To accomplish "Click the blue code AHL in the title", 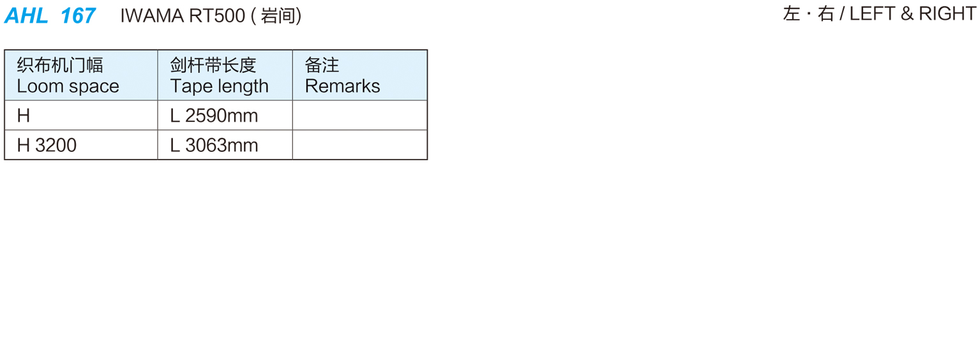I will coord(26,15).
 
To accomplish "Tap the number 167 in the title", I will coord(78,15).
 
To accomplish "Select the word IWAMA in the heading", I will coord(151,16).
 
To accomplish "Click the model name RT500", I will coord(217,16).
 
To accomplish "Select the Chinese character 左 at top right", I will coord(792,14).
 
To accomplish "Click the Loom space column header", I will coord(68,86).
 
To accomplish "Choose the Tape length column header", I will coord(219,86).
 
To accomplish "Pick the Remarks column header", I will coord(342,86).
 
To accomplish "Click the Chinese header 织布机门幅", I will coord(60,65).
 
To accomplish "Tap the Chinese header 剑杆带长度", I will coord(213,65).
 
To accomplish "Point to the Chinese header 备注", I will coord(322,65).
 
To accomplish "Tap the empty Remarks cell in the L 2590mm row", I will coord(359,116).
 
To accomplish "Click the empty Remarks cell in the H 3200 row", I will coord(359,146).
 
